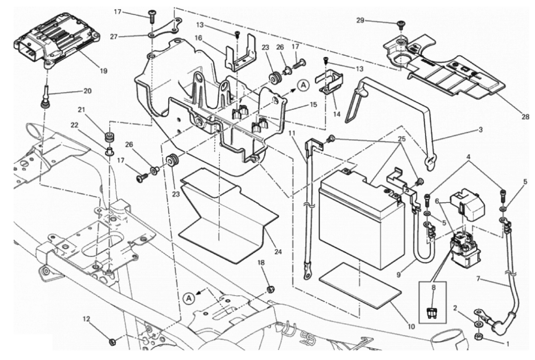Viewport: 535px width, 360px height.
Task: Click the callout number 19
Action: [x=104, y=71]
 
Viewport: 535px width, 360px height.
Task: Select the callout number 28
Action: [x=525, y=117]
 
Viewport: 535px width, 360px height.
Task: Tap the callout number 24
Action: [x=278, y=252]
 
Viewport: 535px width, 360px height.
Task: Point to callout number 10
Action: [x=411, y=326]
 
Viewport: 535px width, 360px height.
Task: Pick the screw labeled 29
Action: [x=401, y=25]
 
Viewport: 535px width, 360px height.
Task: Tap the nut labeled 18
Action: [x=271, y=289]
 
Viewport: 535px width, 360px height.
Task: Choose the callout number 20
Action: [x=87, y=91]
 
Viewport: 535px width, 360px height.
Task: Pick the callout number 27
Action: [x=114, y=36]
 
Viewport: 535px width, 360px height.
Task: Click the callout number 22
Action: [x=75, y=125]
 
